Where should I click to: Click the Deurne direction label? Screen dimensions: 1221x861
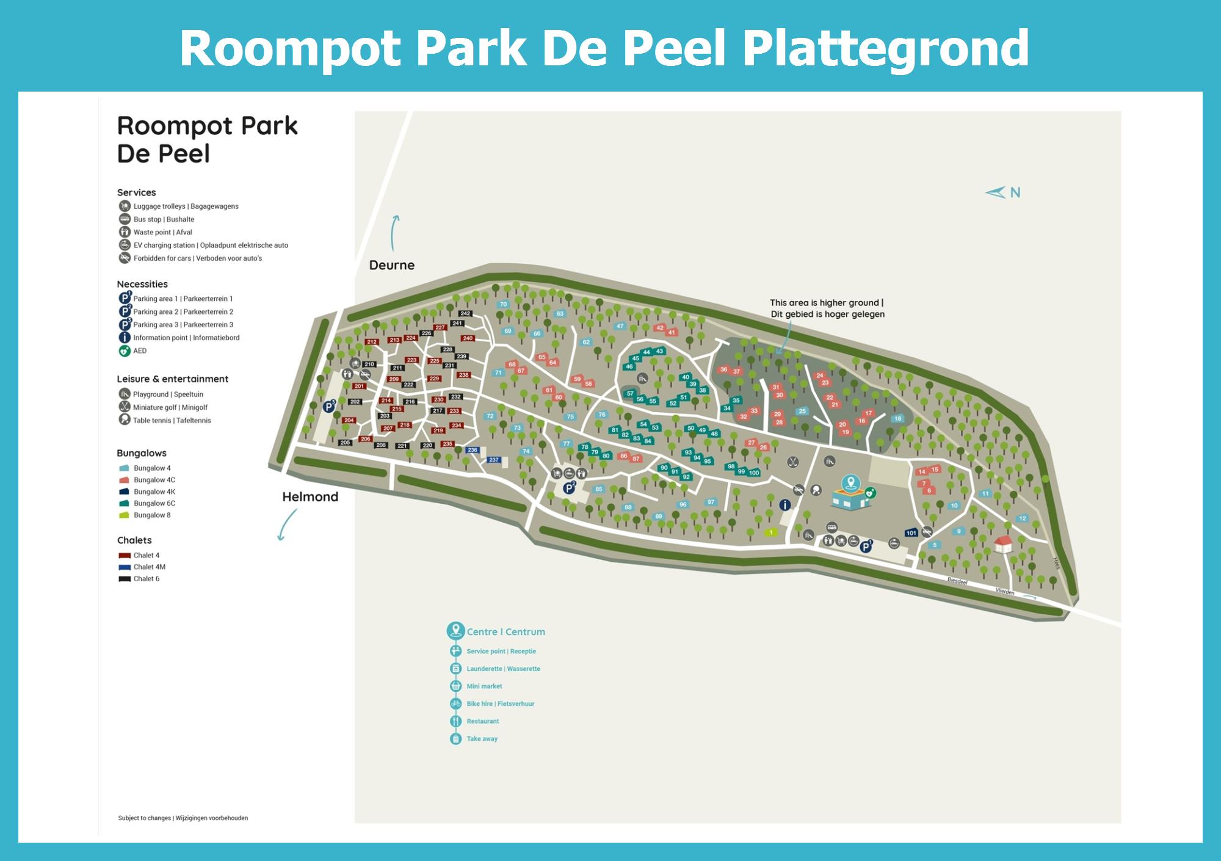coord(391,265)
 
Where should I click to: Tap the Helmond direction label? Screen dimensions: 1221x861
coord(310,496)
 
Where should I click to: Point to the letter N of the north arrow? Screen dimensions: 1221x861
coord(1015,192)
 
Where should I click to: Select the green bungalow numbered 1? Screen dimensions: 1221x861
coord(771,532)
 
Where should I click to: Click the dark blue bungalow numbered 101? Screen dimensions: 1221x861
coord(911,532)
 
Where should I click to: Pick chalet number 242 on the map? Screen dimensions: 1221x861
coord(465,313)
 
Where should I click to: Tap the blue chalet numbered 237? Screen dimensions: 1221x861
coord(494,460)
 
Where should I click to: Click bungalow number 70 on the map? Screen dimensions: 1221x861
coord(503,304)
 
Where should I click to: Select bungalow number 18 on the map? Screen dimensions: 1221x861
coord(897,419)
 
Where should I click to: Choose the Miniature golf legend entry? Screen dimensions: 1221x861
coord(170,407)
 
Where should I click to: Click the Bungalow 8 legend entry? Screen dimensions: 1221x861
coord(152,515)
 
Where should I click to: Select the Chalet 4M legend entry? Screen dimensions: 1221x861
coord(149,567)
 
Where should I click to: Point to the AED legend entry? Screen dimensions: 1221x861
coord(140,351)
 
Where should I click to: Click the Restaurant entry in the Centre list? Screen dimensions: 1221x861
coord(482,721)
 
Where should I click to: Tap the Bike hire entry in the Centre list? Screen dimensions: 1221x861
coord(500,703)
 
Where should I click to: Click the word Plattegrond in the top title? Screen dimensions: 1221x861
coord(885,49)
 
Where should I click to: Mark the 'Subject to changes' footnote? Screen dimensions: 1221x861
coord(183,818)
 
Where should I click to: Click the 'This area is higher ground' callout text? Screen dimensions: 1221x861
coord(827,308)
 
